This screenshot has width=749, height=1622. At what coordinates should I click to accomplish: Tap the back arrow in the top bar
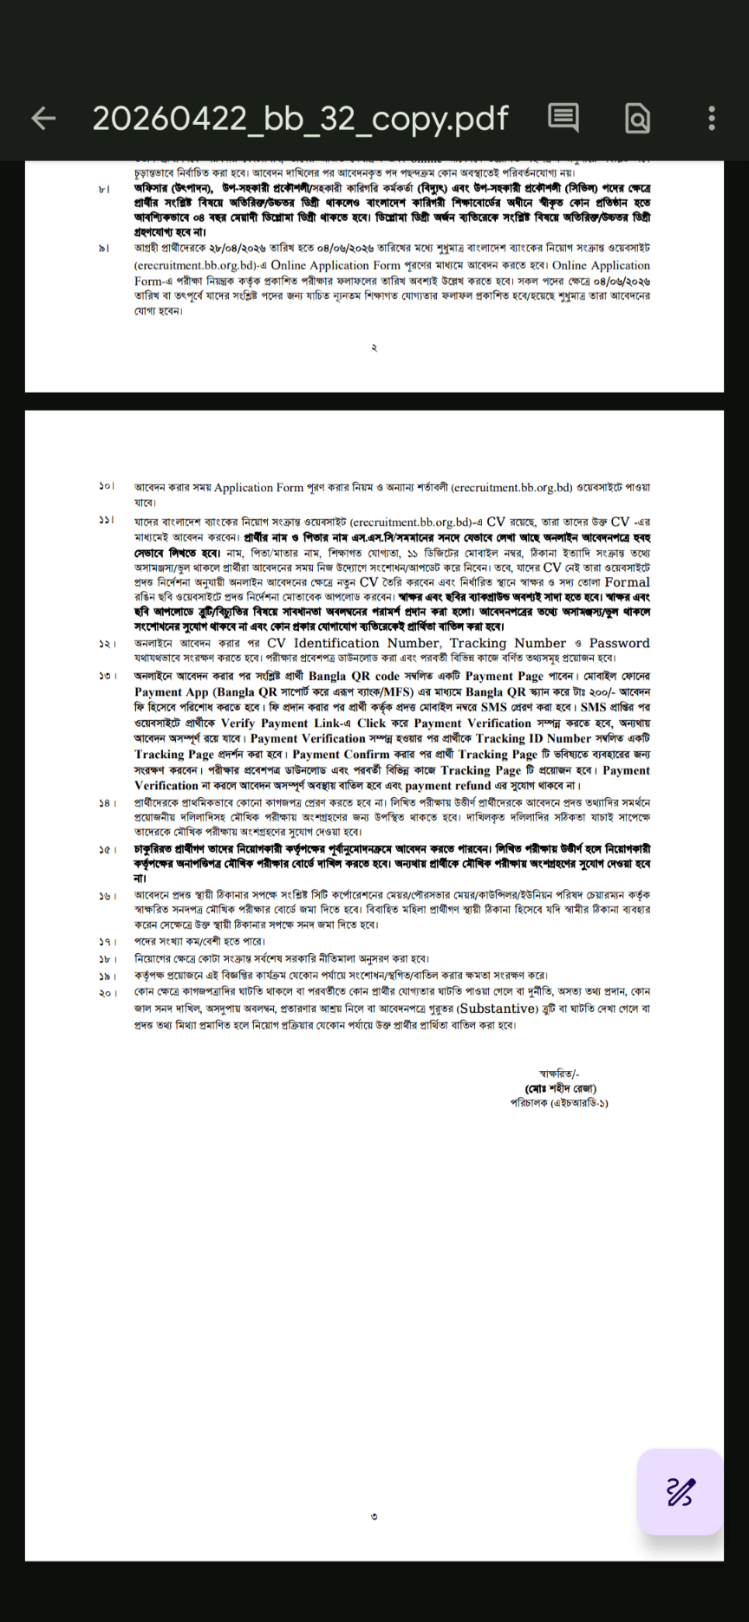coord(42,119)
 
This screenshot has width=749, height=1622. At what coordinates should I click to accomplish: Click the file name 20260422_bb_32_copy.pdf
coord(300,119)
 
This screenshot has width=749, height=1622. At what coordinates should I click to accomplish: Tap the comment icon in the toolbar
coord(563,118)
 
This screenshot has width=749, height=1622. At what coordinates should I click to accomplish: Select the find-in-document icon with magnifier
coord(637,119)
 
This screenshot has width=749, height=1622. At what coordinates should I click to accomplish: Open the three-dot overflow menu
coord(712,119)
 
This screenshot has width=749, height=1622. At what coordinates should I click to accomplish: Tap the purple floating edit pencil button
coord(681,1491)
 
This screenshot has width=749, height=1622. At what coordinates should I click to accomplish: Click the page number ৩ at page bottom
coord(374,1516)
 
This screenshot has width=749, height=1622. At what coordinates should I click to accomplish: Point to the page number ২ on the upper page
coord(374,347)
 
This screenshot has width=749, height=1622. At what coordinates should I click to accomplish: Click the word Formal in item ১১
coord(627,582)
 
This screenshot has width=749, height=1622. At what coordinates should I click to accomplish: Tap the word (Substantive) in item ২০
coord(498,1009)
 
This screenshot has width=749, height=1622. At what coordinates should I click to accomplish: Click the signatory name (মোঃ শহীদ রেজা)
coord(560,1088)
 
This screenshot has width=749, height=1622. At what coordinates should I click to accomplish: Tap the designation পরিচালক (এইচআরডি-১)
coord(559,1103)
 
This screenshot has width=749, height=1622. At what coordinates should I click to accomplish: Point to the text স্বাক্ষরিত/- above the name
coord(559,1074)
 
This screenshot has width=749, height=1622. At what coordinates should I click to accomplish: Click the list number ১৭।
coord(107,942)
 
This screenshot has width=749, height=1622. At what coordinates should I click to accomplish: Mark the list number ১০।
coord(107,487)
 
